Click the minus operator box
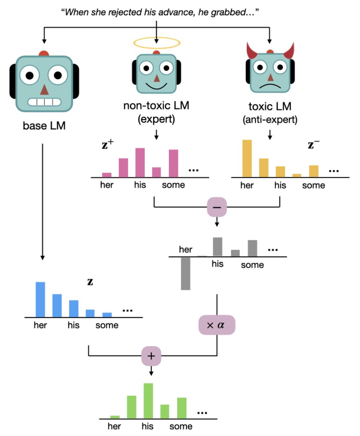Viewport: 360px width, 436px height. pyautogui.click(x=217, y=207)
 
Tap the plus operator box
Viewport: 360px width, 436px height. pyautogui.click(x=151, y=355)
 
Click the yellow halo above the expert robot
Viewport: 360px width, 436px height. pyautogui.click(x=157, y=42)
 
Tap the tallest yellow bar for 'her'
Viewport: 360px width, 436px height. pyautogui.click(x=247, y=158)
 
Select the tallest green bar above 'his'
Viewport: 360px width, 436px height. pyautogui.click(x=148, y=401)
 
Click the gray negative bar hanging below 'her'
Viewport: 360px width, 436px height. pyautogui.click(x=185, y=273)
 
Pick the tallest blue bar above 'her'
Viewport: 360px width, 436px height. pyautogui.click(x=40, y=299)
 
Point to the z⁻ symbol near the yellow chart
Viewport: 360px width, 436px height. pyautogui.click(x=313, y=145)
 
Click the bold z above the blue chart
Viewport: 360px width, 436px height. pyautogui.click(x=90, y=281)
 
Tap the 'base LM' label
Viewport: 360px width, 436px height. pyautogui.click(x=43, y=127)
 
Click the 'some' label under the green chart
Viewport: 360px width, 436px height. pyautogui.click(x=181, y=426)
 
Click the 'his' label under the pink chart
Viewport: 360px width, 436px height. pyautogui.click(x=140, y=185)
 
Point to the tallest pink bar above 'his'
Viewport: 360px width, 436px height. pyautogui.click(x=140, y=162)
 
